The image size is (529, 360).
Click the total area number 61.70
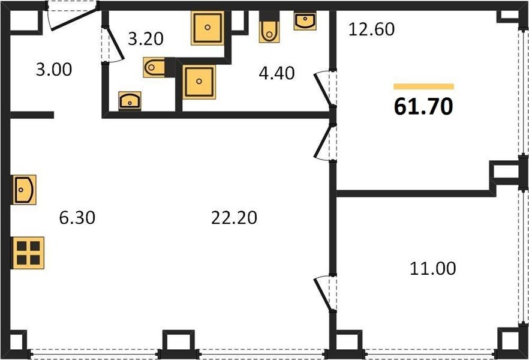tap(423, 107)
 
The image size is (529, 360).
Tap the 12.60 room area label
tap(371, 29)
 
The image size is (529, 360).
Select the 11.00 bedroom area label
tap(433, 269)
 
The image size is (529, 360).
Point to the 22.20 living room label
tap(234, 218)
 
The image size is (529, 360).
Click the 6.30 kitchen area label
tap(77, 218)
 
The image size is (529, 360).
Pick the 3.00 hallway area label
tap(54, 70)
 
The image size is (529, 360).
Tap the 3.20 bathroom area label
tap(146, 39)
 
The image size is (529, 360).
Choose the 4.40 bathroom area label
tap(276, 73)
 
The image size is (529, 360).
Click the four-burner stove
tap(28, 253)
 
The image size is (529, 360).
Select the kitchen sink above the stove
tap(24, 190)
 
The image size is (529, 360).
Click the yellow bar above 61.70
tap(423, 87)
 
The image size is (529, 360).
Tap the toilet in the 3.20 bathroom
tap(154, 67)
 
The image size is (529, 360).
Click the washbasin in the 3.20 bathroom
tap(130, 101)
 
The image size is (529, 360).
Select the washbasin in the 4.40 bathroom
tap(305, 21)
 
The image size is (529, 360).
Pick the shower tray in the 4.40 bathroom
tap(199, 82)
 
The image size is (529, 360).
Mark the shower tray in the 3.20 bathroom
tap(208, 28)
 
